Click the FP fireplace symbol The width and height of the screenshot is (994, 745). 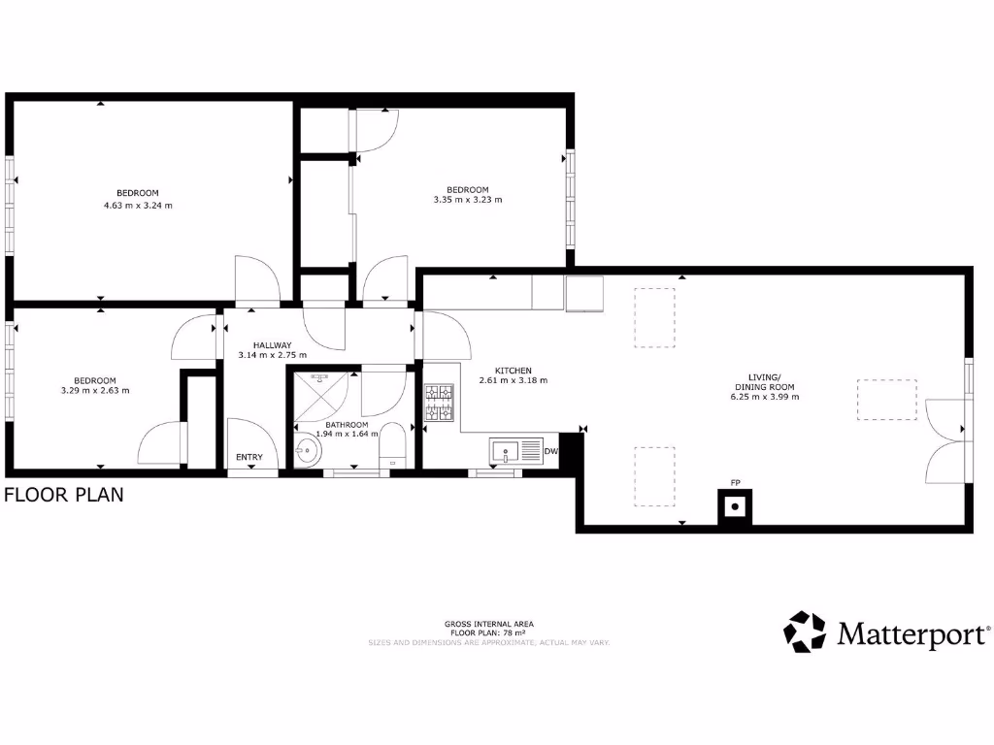point(735,505)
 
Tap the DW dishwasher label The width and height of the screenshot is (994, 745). point(550,451)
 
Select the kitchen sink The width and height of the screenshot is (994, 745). point(506,451)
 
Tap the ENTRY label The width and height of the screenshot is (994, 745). point(249,458)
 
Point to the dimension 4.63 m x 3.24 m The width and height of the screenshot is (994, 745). point(138,206)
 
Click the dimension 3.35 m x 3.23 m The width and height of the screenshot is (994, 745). point(468,200)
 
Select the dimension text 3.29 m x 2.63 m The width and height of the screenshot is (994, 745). point(95,390)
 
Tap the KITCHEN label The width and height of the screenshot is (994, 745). point(514,371)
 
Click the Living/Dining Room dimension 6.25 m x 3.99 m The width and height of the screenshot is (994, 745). point(764,397)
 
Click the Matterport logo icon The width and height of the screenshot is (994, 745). point(805,632)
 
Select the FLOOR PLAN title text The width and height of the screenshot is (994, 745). point(64,495)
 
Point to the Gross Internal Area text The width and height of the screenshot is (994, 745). point(488,624)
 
